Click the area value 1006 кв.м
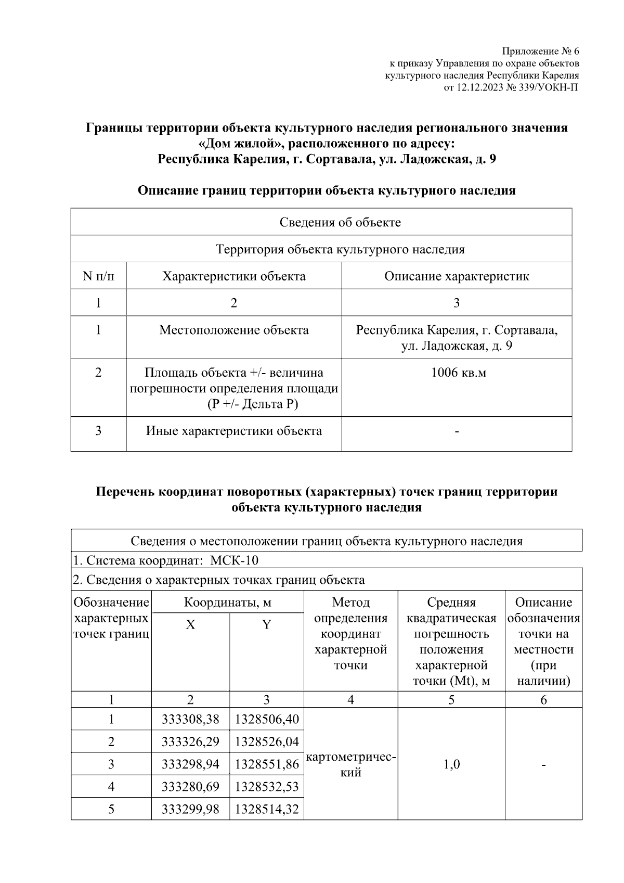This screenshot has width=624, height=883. tap(456, 373)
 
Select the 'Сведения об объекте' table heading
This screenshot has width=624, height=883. tap(340, 223)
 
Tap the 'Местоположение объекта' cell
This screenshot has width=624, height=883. tap(233, 330)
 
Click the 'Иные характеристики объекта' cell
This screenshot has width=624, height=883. tap(233, 431)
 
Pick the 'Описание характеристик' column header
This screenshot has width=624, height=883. tap(456, 276)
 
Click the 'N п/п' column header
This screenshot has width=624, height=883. tap(98, 276)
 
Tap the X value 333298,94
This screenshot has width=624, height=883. tap(190, 764)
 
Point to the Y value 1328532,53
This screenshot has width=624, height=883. tap(267, 786)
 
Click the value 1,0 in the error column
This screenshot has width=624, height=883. tap(451, 764)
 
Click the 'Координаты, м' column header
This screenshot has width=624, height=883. tap(228, 603)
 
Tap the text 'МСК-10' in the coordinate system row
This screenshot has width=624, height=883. tap(235, 560)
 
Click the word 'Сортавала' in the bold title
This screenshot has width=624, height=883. tap(339, 159)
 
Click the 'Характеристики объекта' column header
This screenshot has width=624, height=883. tap(233, 276)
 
